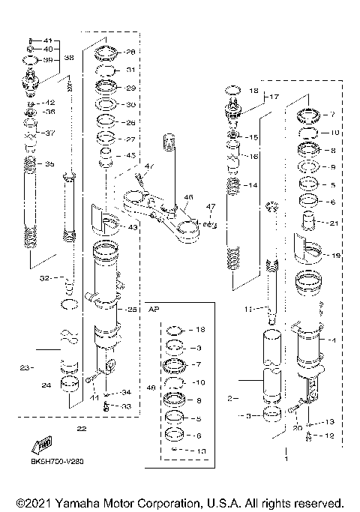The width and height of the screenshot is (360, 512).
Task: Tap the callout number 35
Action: point(50,163)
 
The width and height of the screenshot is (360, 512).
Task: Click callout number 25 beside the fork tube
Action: point(132,309)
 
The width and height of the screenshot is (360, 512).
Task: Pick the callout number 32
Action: point(45,277)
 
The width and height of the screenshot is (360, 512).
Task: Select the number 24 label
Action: point(46,386)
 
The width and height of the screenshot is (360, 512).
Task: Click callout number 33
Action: point(126,406)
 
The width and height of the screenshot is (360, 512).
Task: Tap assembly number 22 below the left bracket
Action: point(81,428)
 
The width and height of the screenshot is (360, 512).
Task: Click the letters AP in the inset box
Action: point(155,308)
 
